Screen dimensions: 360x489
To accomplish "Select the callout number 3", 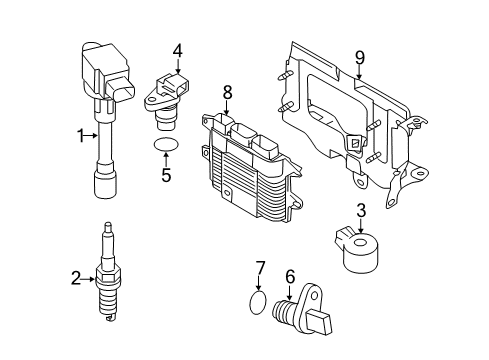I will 362,210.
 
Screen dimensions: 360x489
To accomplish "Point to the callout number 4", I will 177,49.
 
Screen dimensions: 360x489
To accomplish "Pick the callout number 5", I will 167,176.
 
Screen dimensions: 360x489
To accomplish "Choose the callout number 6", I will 289,276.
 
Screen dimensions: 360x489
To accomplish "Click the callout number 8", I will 227,92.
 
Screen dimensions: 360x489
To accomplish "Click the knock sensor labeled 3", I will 360,251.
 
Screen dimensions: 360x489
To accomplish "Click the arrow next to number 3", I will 362,224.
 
